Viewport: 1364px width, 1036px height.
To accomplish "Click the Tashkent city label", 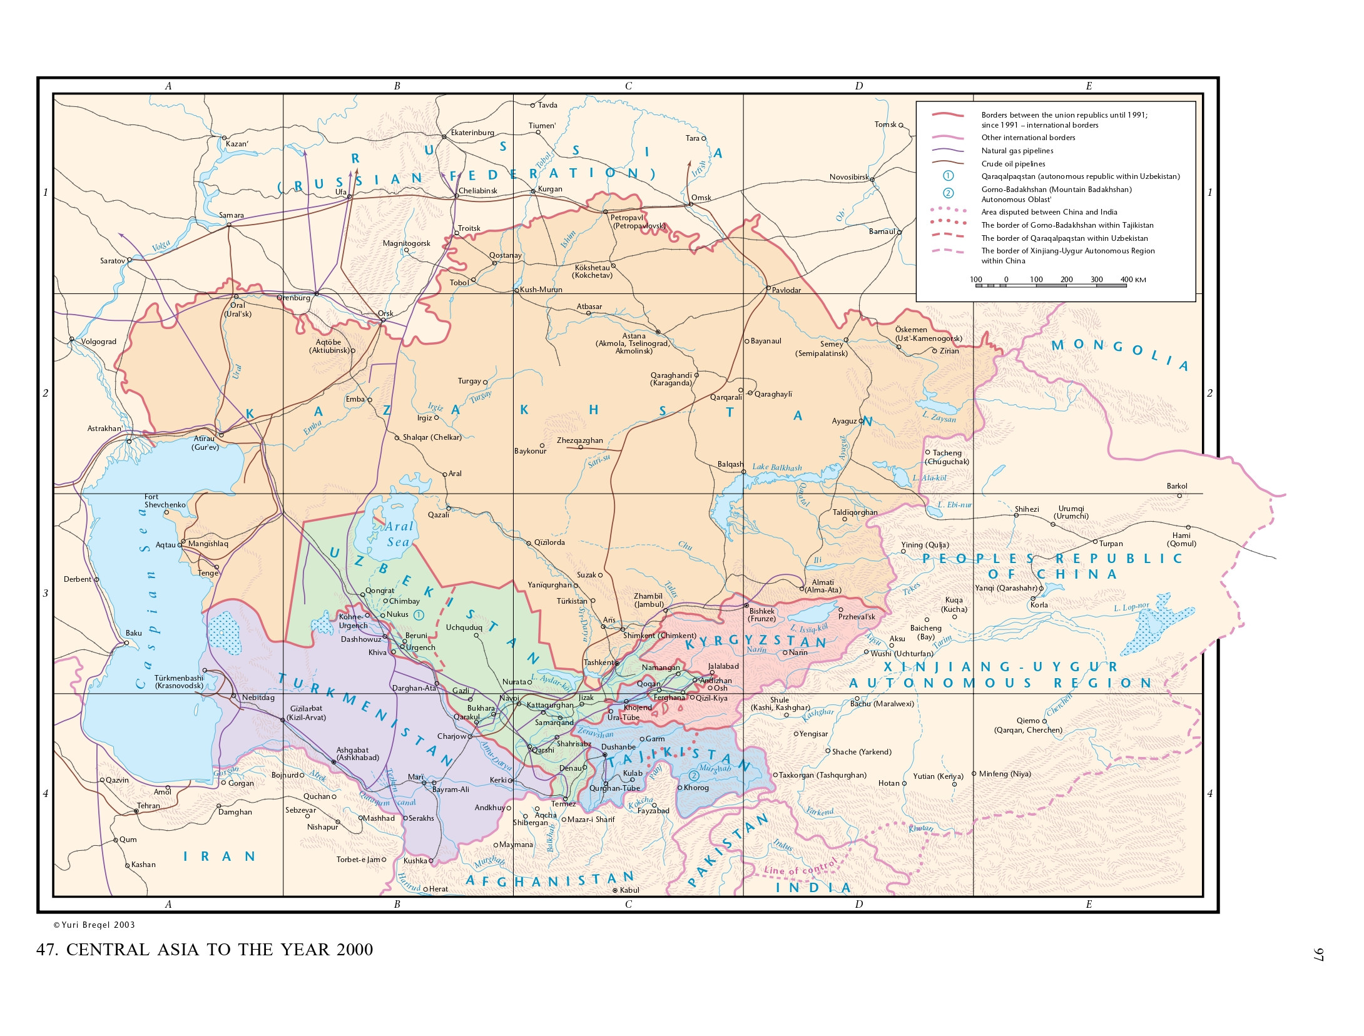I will [598, 662].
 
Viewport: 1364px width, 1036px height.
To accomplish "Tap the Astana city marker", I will [658, 332].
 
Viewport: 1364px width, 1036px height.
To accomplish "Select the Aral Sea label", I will [399, 534].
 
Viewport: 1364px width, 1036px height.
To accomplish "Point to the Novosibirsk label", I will [848, 177].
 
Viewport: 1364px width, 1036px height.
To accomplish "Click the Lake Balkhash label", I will [776, 467].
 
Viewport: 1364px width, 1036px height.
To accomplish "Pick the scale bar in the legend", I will [1051, 285].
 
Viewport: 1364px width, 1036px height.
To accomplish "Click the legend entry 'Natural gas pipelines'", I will [1017, 151].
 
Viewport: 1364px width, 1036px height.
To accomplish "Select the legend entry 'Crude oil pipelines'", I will [1012, 164].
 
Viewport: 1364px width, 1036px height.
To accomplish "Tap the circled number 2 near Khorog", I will [693, 776].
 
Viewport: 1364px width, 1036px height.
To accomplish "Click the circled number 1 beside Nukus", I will [419, 615].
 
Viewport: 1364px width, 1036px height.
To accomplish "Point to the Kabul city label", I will [629, 890].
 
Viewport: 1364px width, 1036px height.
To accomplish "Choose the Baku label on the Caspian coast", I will [133, 633].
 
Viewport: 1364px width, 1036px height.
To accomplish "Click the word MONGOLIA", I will [1119, 353].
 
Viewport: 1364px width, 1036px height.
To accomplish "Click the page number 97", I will [1318, 954].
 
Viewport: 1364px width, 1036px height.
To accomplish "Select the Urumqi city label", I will [1071, 512].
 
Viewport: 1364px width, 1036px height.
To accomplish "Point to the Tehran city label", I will [148, 806].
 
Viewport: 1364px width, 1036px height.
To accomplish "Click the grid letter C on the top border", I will [628, 86].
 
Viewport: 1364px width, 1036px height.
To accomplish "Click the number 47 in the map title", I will [47, 950].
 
